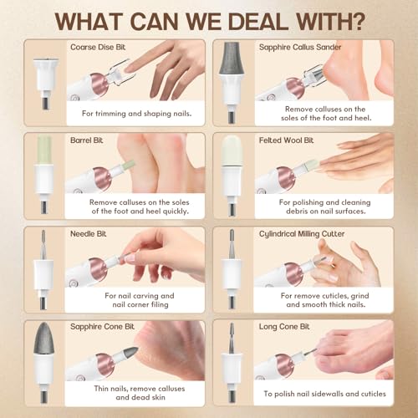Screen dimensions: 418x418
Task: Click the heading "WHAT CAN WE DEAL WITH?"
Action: [209, 18]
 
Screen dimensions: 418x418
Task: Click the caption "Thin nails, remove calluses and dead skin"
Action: [139, 393]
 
